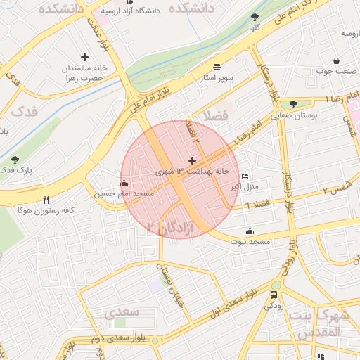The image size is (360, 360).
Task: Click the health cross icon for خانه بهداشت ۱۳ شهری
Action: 193,161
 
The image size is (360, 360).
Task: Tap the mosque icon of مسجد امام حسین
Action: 124,183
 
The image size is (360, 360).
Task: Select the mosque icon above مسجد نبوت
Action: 250,231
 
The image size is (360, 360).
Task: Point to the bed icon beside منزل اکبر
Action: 245,176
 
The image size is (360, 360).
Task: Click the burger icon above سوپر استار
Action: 217,66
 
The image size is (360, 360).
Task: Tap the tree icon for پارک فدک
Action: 15,160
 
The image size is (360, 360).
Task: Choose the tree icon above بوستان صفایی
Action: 294,104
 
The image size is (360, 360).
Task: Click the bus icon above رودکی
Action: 274,295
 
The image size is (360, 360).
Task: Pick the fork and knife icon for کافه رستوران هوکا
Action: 46,200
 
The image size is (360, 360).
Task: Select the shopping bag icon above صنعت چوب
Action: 337,60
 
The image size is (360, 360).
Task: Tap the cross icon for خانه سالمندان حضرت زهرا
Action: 85,57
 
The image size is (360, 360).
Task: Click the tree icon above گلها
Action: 255,17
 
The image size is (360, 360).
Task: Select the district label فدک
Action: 24,111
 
